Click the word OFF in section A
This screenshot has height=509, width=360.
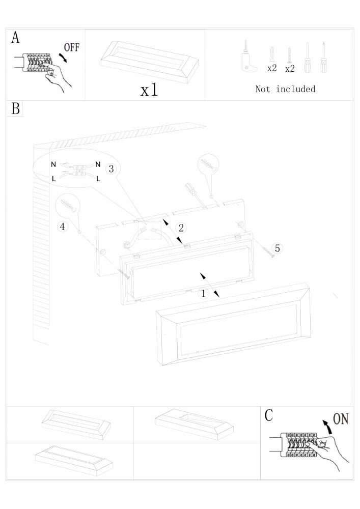tap(71, 48)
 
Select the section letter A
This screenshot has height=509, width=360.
tap(16, 38)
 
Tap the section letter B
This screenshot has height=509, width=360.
tap(16, 108)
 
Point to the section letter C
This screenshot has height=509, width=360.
tap(269, 415)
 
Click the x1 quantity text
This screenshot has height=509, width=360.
tap(149, 90)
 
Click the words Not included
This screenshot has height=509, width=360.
tap(285, 89)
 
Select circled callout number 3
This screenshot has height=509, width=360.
tap(112, 168)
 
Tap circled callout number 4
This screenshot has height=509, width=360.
tap(63, 227)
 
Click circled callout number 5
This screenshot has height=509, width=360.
tap(277, 248)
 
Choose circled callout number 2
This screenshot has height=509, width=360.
tap(180, 228)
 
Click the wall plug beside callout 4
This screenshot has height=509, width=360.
tap(68, 206)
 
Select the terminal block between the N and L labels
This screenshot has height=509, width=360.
tap(79, 171)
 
